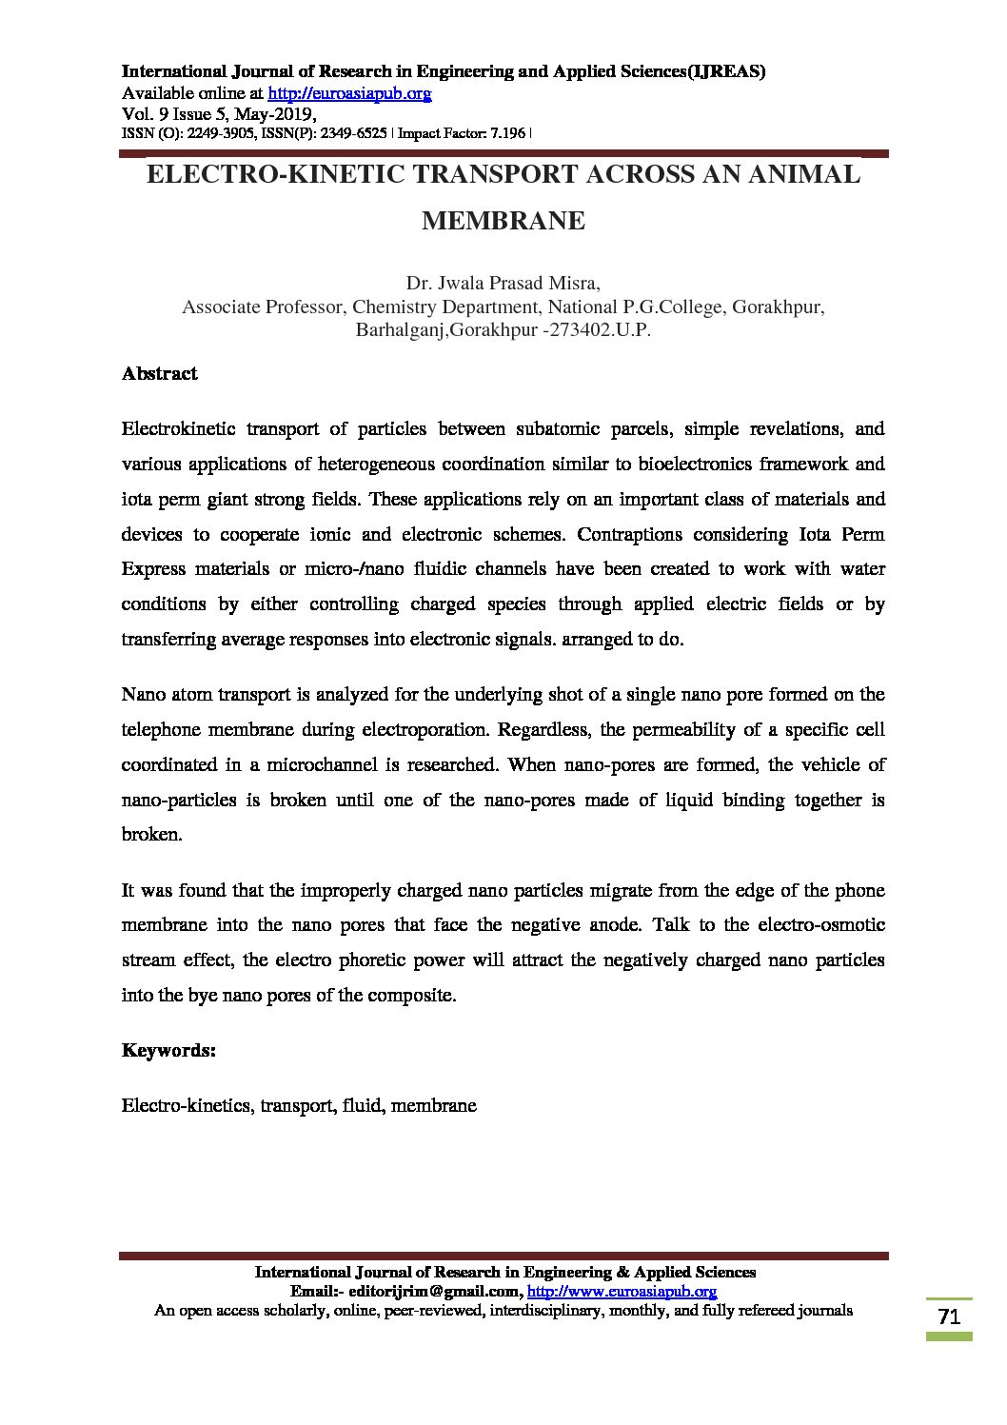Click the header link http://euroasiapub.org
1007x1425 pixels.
[349, 93]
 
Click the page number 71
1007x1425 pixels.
[949, 1317]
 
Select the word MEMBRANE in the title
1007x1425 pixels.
[503, 221]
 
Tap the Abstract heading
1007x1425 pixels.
[159, 373]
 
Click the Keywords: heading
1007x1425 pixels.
[168, 1050]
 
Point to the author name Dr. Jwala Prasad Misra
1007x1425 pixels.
[503, 283]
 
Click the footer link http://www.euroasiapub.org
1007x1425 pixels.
[622, 1292]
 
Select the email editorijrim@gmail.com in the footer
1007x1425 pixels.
[435, 1292]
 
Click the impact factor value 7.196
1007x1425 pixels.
[506, 133]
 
